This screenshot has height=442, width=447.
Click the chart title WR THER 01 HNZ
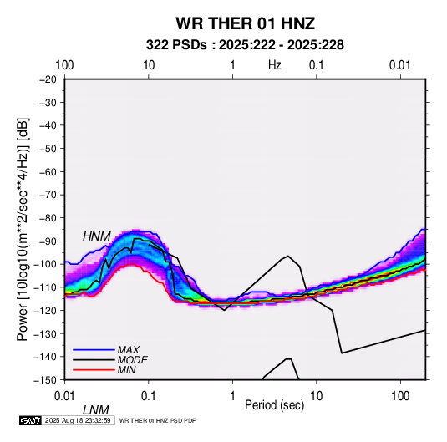(x=245, y=23)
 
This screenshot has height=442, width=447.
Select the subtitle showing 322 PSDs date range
(x=245, y=45)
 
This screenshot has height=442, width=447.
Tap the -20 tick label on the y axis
(x=48, y=79)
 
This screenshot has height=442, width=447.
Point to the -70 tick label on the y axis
(x=48, y=195)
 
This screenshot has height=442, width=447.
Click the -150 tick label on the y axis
(x=46, y=380)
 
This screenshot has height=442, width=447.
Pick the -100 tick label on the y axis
(x=46, y=264)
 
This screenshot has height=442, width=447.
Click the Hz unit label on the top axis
(x=275, y=65)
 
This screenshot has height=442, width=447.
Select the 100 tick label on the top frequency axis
(x=64, y=65)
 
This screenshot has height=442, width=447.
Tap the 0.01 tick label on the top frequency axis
(x=400, y=65)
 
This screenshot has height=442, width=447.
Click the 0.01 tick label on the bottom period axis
(x=64, y=396)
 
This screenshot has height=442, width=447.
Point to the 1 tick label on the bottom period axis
(x=232, y=396)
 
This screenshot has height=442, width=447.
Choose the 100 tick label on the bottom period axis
(x=400, y=396)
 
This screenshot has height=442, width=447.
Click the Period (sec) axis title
(x=275, y=405)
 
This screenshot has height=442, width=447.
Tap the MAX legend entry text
(x=129, y=349)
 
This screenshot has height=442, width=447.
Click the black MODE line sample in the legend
(x=94, y=360)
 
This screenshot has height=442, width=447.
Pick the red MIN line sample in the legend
(x=94, y=370)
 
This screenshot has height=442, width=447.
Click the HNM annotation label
(x=97, y=236)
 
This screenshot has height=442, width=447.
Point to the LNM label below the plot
(x=96, y=410)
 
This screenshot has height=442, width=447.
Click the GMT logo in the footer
(x=31, y=420)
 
